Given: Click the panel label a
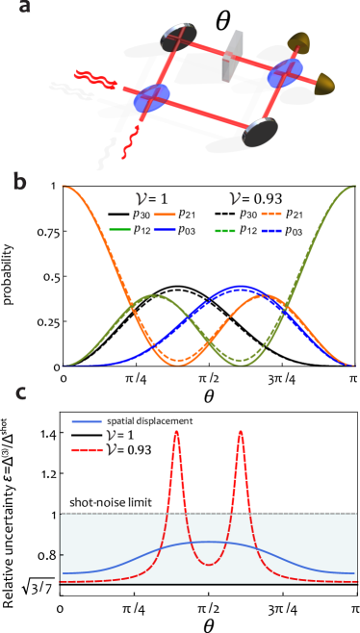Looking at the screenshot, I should (24, 7).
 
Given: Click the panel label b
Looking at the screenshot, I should (20, 182).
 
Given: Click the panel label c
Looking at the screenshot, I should (20, 392).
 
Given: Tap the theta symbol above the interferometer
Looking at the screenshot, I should (222, 22).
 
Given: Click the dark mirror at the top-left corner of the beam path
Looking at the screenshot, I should (178, 38).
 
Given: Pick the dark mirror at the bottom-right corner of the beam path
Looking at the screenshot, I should (260, 132).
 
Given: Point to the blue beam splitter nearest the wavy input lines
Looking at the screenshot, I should (151, 97).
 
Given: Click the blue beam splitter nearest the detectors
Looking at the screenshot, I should (285, 72).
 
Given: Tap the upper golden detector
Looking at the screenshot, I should (299, 43).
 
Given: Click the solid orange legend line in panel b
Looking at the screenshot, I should (165, 215).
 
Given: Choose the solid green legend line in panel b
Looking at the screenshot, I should (120, 230).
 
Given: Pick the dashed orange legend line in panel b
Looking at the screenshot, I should (271, 214).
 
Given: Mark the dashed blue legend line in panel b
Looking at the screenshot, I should (271, 231).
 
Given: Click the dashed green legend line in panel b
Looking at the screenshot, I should (226, 231).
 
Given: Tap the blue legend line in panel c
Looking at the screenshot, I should (87, 421).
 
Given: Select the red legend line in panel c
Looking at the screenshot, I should (87, 449).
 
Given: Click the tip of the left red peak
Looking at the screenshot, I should (176, 432).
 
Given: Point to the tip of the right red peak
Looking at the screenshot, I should (241, 432).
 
